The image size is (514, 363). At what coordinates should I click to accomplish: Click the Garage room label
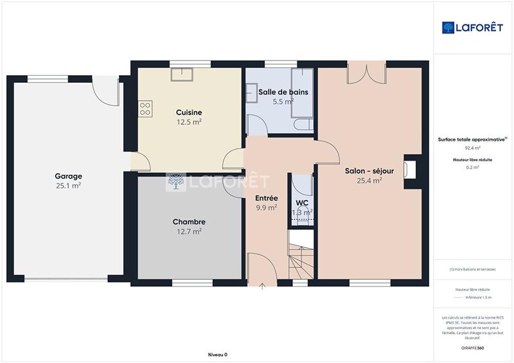(x=68, y=176)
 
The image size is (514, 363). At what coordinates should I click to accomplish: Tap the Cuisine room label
(x=189, y=112)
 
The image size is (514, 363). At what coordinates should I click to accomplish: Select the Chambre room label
(x=189, y=222)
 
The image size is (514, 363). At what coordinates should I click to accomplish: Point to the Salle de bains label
(x=283, y=92)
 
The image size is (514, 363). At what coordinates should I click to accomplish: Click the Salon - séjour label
(x=369, y=171)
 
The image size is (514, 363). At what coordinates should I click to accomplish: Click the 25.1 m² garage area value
(x=68, y=186)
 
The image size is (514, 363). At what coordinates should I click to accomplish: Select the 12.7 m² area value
(x=189, y=231)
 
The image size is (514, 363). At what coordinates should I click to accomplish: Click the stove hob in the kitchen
(x=145, y=109)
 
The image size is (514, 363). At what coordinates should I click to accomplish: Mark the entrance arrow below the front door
(x=262, y=287)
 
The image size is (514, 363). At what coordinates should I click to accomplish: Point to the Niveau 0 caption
(x=217, y=355)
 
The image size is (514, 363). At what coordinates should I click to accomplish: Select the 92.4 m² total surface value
(x=472, y=148)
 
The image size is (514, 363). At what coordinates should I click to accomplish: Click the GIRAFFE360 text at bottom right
(x=472, y=347)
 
